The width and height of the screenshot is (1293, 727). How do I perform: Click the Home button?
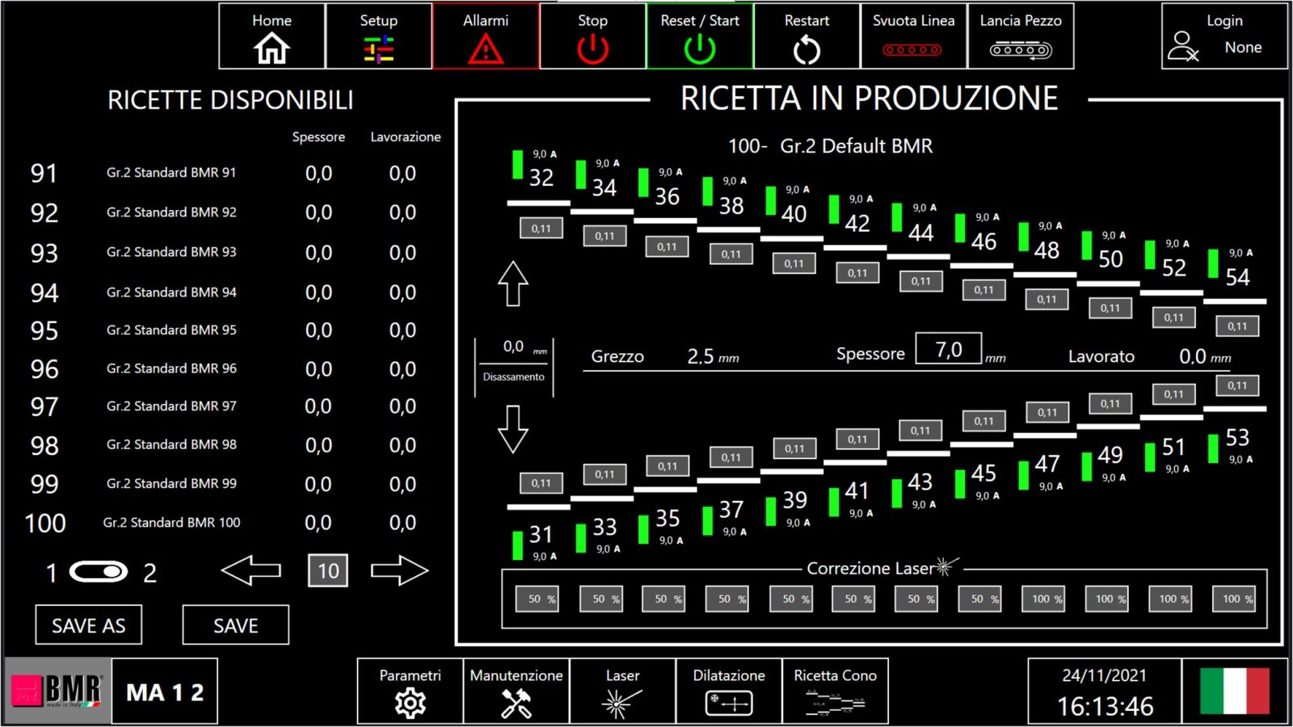pos(272,36)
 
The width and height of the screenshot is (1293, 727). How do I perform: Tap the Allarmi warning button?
pos(486,36)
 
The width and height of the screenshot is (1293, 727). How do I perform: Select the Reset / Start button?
pos(700,36)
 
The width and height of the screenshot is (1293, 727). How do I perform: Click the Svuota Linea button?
pos(913,36)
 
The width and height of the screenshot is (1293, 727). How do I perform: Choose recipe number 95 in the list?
pos(44,330)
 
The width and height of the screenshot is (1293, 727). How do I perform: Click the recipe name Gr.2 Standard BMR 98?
pos(171,444)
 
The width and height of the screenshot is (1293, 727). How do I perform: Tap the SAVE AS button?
pos(88,625)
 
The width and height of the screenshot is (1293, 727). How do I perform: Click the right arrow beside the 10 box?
pos(399,570)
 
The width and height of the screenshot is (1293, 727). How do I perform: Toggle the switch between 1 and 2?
pos(98,572)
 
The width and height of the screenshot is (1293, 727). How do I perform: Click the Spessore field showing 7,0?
pos(949,348)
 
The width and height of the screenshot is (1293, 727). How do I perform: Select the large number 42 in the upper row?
pos(857,223)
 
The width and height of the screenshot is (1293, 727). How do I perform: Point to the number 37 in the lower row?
pos(731,510)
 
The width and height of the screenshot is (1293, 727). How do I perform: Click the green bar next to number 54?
pos(1213,263)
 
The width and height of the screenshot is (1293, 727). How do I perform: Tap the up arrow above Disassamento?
pos(513,284)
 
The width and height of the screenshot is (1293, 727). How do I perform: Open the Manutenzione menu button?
pos(516,691)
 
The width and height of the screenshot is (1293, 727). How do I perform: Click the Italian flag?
pos(1235,691)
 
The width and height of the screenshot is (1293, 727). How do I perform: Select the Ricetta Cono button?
pos(836,691)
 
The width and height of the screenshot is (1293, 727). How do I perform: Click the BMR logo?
pos(57,691)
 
